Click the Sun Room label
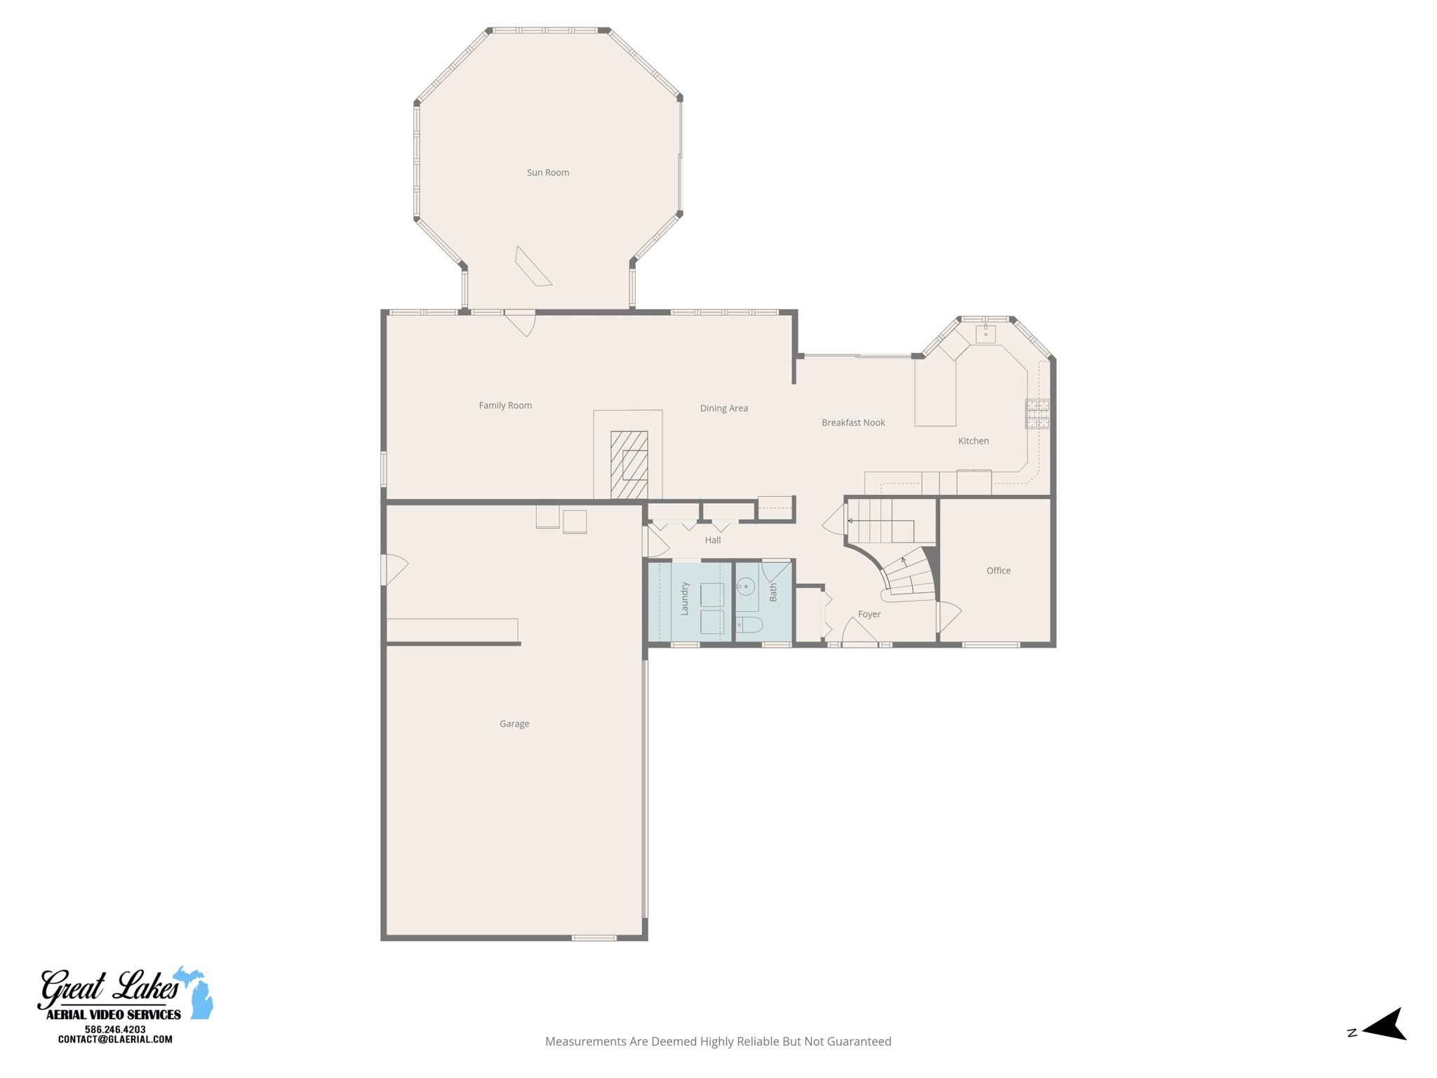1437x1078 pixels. point(548,173)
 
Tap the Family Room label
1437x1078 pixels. point(505,406)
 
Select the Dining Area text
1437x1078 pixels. point(723,408)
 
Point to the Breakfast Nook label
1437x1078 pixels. point(853,422)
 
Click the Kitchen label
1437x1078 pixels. point(973,441)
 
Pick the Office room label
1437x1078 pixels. point(998,571)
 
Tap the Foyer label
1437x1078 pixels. point(869,614)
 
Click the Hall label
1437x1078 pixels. point(712,540)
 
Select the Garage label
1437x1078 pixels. point(514,724)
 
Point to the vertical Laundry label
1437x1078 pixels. point(685,599)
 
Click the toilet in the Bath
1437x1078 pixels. point(749,625)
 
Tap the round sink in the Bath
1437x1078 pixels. point(746,586)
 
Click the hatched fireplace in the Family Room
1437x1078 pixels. point(629,465)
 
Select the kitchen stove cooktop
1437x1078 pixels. point(1037,413)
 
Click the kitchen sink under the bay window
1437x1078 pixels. point(985,333)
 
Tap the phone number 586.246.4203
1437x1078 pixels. point(115,1030)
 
